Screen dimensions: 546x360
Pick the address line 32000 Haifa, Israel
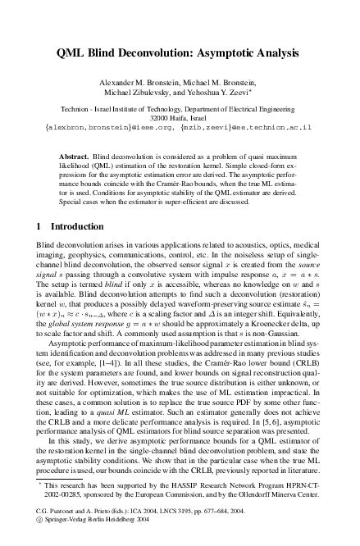click(180, 118)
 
